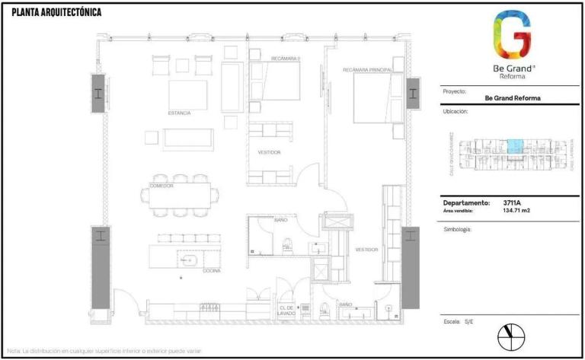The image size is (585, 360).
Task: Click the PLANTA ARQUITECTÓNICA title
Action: [56, 13]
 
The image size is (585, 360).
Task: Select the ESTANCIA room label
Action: [180, 113]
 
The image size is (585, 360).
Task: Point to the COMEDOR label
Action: [161, 185]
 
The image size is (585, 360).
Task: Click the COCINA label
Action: [191, 270]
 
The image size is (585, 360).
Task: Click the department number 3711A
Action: [512, 203]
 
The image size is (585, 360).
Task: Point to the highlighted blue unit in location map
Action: [515, 146]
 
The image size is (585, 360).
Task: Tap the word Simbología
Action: [457, 228]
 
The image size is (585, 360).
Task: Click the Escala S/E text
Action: [458, 322]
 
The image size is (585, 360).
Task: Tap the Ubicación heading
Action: [455, 111]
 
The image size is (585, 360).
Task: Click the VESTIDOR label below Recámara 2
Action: [269, 152]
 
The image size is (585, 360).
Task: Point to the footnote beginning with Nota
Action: [104, 351]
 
